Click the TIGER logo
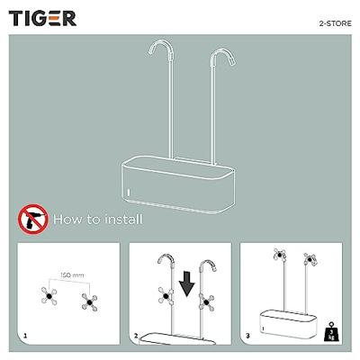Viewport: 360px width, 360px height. [42, 19]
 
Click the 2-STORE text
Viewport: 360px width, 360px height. [335, 23]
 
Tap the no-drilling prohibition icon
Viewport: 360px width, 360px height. [33, 219]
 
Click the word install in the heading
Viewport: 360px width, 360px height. [123, 219]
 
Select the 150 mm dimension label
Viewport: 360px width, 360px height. [72, 274]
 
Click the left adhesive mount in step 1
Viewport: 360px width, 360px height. [49, 296]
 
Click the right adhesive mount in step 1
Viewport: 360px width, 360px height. [89, 302]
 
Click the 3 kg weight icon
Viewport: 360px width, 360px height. [330, 331]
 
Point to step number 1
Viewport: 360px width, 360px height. [25, 336]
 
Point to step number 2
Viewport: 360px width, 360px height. [136, 336]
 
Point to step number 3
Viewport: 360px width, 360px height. [247, 336]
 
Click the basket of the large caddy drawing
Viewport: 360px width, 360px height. [177, 184]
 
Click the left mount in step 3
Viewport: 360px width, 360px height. [279, 255]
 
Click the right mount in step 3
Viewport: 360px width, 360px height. [310, 259]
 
